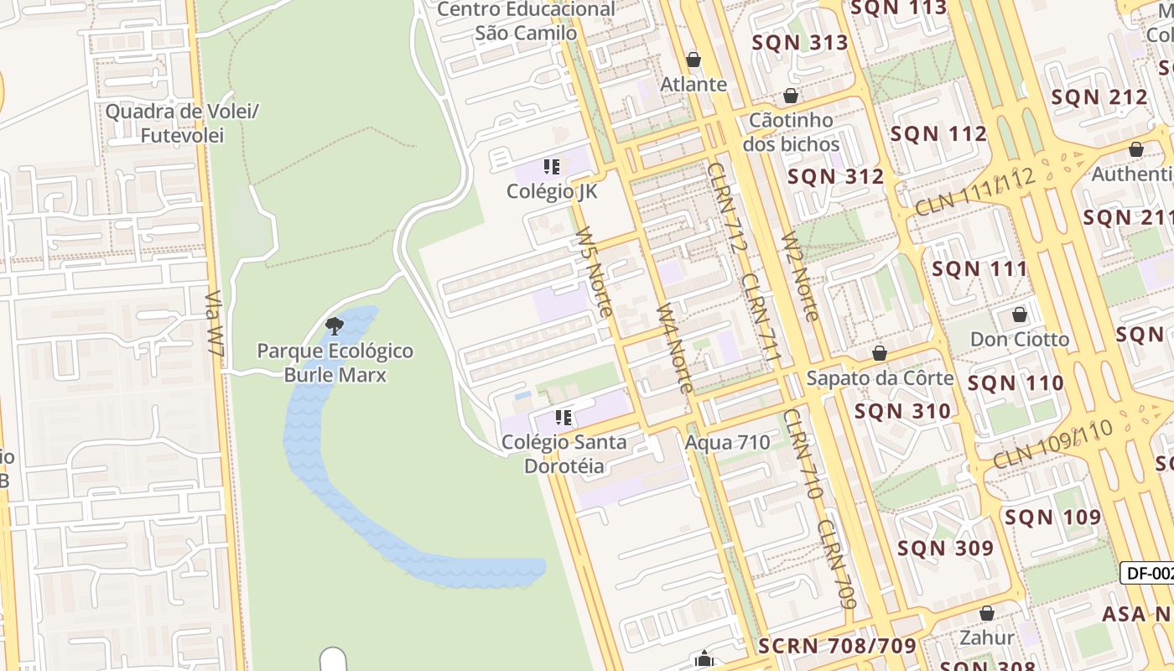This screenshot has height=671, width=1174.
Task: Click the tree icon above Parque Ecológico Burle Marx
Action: click(335, 325)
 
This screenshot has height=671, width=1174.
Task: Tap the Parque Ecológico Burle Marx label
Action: click(335, 362)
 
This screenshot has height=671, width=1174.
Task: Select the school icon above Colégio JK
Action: click(551, 167)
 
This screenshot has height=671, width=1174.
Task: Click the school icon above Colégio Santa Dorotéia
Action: click(564, 417)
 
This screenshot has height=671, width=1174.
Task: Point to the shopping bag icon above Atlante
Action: click(693, 60)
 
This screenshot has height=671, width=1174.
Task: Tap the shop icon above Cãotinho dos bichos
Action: click(790, 96)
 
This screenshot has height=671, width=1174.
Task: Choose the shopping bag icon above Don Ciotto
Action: click(1020, 315)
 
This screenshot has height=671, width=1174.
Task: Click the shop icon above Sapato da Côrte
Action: click(880, 353)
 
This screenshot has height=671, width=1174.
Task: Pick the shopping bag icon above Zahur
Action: click(987, 613)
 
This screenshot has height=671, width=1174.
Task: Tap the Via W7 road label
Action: click(216, 327)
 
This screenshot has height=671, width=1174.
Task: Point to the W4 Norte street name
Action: click(674, 347)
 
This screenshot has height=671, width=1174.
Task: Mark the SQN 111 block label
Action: click(979, 268)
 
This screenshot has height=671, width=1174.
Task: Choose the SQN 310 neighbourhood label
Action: click(902, 411)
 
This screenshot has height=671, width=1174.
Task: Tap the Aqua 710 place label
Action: click(727, 442)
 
